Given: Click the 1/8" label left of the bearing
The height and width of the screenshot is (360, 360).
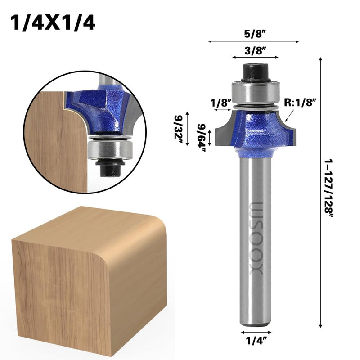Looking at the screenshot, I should [221, 103].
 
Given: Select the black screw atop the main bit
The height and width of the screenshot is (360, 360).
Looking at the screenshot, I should [255, 72].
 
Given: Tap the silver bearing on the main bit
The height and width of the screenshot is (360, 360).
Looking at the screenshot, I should [255, 92].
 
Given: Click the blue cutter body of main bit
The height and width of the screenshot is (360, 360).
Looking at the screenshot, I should [255, 130].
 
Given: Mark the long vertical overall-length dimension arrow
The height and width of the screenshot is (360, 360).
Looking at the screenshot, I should [320, 193].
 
